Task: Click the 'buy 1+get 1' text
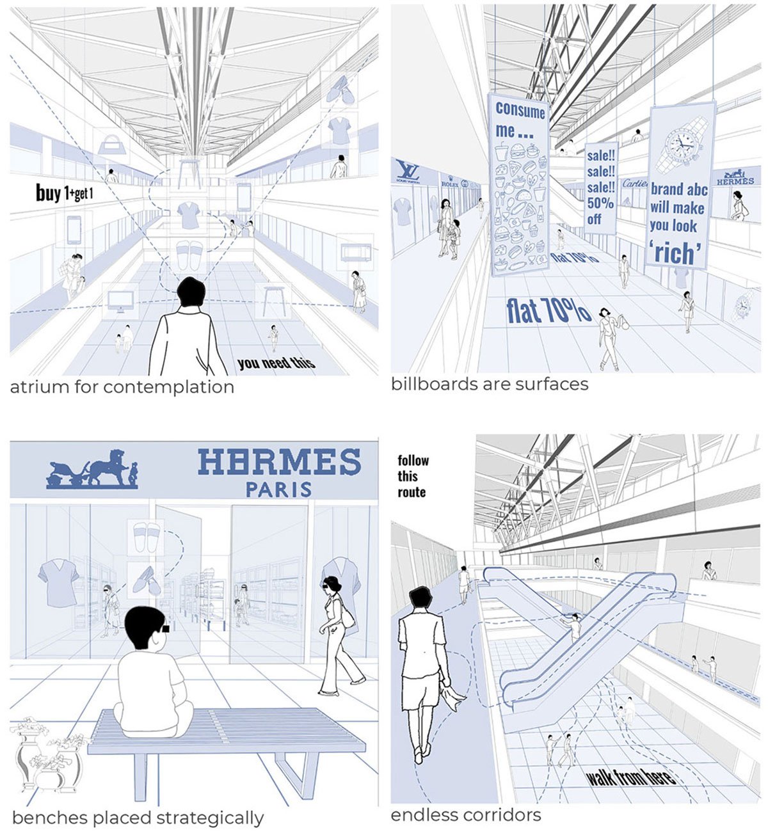tap(64, 193)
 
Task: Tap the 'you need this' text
tap(276, 363)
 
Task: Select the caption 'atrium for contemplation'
tap(122, 387)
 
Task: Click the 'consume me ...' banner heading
tap(519, 120)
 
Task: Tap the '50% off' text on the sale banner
tap(600, 211)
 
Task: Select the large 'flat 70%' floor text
tap(548, 310)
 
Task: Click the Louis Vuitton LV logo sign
tap(406, 171)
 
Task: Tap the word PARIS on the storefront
tap(279, 489)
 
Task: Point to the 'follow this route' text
tap(412, 477)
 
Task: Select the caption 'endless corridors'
tap(466, 815)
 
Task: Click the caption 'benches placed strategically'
tap(138, 818)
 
